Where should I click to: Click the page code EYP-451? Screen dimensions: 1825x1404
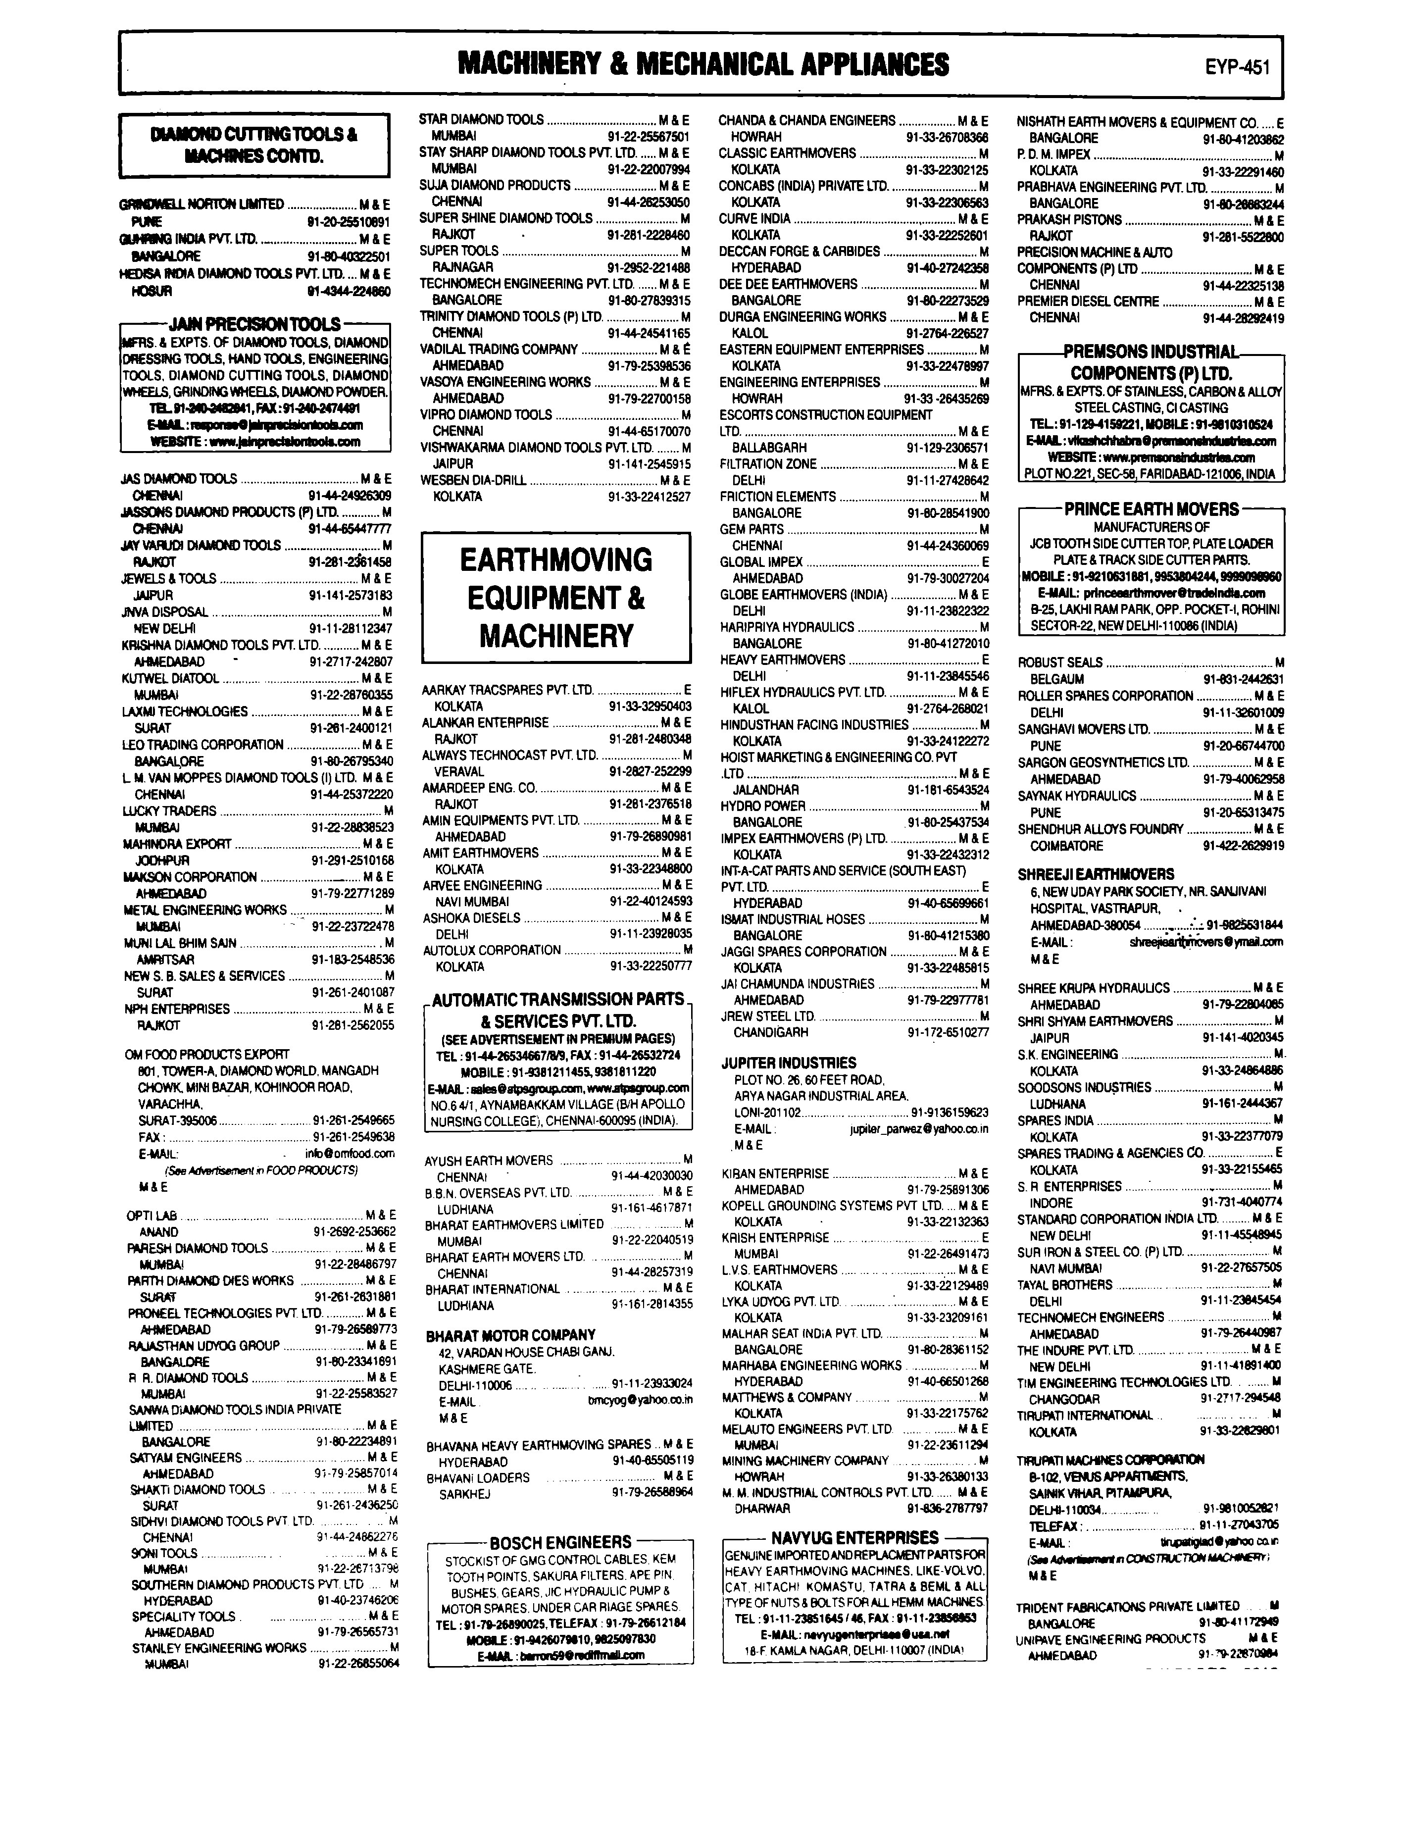coord(1237,67)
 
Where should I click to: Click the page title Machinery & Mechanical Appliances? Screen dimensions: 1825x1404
coord(703,64)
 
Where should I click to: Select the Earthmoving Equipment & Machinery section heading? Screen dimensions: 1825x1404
coord(556,598)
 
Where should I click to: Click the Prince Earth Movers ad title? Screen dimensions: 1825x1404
coord(1151,509)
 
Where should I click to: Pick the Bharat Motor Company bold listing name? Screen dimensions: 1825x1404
coord(510,1335)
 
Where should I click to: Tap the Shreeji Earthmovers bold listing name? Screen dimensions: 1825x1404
coord(1095,874)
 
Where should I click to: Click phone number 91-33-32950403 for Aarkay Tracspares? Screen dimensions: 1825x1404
coord(650,706)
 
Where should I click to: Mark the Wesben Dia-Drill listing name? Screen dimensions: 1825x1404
coord(473,480)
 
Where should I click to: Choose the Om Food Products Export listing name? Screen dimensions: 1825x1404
coord(206,1055)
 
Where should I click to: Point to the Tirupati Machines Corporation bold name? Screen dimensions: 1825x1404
coord(1110,1459)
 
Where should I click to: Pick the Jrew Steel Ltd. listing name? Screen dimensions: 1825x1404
coord(767,1016)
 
